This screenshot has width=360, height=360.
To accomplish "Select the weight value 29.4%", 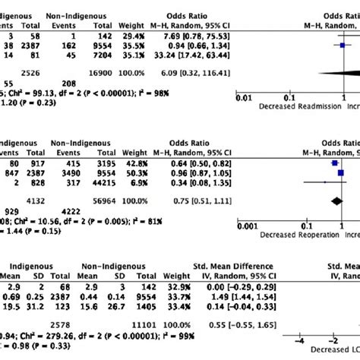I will tap(169, 35).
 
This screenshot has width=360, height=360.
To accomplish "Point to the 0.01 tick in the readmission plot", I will tap(243, 98).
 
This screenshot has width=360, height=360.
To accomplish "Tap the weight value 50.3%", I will tap(169, 172).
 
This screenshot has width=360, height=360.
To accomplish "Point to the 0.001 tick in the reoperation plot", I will tap(248, 226).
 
